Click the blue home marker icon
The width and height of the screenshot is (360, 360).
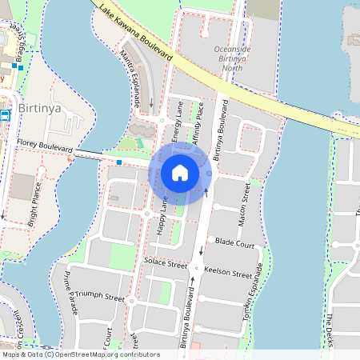[180, 173]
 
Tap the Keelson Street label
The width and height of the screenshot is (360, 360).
[229, 272]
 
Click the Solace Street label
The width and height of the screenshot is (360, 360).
[166, 263]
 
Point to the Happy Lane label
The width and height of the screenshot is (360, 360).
[162, 216]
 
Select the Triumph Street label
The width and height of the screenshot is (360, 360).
[100, 298]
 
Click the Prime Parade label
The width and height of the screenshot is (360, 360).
[70, 293]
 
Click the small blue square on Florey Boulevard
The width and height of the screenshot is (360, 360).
[119, 162]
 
